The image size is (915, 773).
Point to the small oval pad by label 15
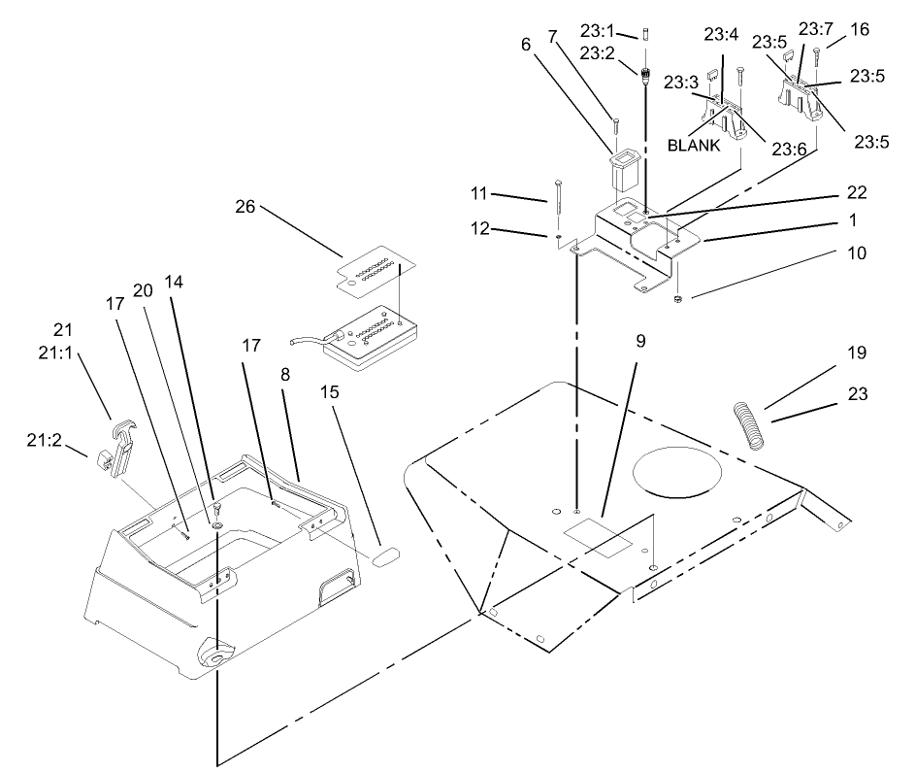pyautogui.click(x=385, y=555)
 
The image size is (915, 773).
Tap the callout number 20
pyautogui.click(x=144, y=290)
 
